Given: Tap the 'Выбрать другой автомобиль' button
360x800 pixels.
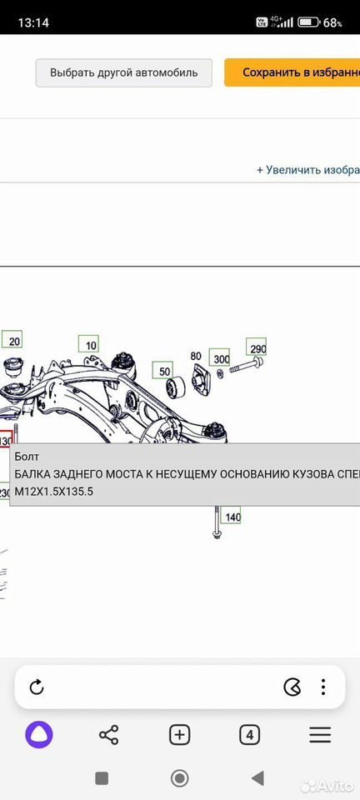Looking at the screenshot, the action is (x=124, y=72).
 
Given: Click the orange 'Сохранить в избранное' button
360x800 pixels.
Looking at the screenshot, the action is (x=292, y=72).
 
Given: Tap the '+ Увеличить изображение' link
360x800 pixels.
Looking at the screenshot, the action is (x=308, y=170).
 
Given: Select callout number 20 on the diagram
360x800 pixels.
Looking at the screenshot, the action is (x=12, y=340).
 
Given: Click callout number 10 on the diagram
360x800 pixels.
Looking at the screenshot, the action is (x=88, y=345).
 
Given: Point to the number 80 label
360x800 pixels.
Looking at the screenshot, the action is (x=197, y=356).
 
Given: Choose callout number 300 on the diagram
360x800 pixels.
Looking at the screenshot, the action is (x=222, y=358).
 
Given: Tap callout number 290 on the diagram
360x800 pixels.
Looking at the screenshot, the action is (x=257, y=348).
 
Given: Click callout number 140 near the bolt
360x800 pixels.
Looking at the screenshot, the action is (x=232, y=517).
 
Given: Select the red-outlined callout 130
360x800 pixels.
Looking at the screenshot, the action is (x=5, y=440).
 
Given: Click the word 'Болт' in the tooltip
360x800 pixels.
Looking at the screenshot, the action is (x=27, y=456).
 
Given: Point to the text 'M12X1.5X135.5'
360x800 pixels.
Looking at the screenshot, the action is (x=54, y=492).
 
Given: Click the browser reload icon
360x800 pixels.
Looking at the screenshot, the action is (x=37, y=687).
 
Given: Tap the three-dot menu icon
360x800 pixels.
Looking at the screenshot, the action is (x=324, y=687).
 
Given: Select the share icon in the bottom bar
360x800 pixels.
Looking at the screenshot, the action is (x=108, y=735).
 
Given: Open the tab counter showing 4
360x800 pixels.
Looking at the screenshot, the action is (x=249, y=735).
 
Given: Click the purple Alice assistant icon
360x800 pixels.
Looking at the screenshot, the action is (x=39, y=735).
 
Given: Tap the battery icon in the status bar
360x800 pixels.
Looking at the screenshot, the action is (x=308, y=22).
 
